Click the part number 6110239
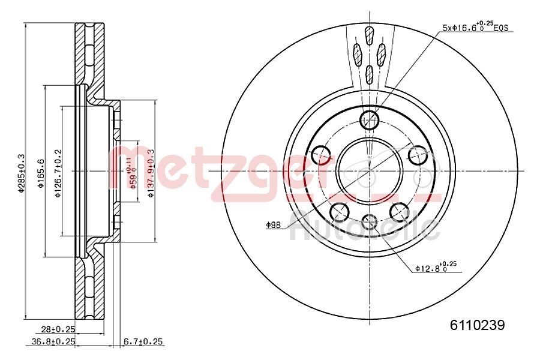pyautogui.click(x=478, y=325)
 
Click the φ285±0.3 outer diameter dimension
pyautogui.click(x=21, y=174)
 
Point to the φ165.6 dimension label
pyautogui.click(x=40, y=174)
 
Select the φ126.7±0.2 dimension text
pyautogui.click(x=58, y=174)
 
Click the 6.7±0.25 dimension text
pyautogui.click(x=143, y=341)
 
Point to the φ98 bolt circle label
pyautogui.click(x=274, y=224)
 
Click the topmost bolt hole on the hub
pyautogui.click(x=369, y=119)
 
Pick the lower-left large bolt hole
pyautogui.click(x=340, y=211)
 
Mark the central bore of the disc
pyautogui.click(x=368, y=170)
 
